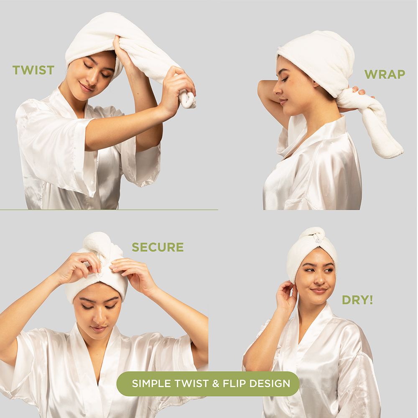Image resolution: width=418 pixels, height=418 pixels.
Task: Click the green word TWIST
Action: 33,70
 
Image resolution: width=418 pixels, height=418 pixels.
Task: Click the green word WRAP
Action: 385,74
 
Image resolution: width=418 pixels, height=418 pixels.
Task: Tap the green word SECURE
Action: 158,247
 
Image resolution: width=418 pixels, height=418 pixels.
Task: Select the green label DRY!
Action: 357,300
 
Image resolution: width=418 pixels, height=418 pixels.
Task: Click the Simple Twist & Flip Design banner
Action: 208,384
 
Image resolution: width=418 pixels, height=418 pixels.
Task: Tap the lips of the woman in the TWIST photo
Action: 87,88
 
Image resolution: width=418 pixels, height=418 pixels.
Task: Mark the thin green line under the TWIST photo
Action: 109,210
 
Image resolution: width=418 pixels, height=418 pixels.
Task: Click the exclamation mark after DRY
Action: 371,300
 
